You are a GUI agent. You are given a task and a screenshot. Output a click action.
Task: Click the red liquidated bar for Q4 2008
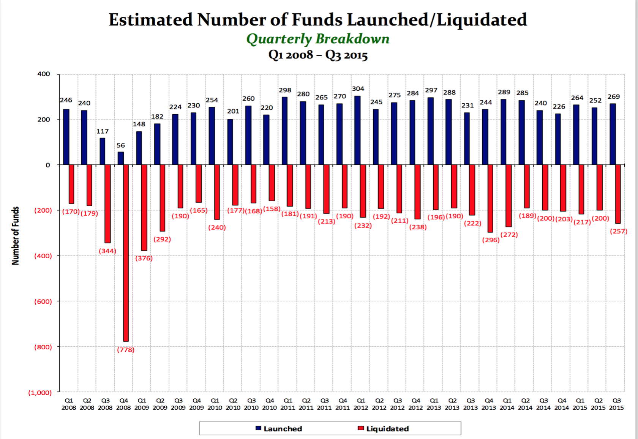(126, 253)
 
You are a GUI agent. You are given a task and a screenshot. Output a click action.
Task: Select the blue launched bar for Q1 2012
(357, 130)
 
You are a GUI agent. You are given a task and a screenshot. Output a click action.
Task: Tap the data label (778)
(126, 350)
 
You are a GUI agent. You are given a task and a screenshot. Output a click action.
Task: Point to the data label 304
(358, 88)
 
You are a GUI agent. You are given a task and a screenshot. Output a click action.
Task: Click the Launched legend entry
(279, 429)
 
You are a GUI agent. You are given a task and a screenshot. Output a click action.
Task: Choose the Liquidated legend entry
(383, 429)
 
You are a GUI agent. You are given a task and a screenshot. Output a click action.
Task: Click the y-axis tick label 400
(44, 74)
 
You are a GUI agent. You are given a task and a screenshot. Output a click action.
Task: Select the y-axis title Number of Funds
(15, 236)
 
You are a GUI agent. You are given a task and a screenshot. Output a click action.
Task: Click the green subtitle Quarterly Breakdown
(318, 39)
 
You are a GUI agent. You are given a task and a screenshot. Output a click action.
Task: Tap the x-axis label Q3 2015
(616, 404)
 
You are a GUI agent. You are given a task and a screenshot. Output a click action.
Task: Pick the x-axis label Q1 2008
(69, 404)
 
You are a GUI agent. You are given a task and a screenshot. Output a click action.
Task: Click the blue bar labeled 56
(121, 158)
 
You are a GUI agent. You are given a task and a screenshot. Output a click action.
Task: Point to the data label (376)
(144, 258)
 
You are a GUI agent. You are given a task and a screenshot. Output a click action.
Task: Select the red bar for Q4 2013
(490, 198)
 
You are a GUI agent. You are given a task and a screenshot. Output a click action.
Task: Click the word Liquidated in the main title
(482, 20)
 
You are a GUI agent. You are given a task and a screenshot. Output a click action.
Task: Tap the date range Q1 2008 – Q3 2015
(318, 55)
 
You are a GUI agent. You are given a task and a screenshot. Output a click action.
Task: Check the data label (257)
(618, 231)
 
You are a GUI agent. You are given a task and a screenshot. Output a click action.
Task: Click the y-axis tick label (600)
(43, 302)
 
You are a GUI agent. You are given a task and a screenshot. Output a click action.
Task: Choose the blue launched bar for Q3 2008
(103, 151)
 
